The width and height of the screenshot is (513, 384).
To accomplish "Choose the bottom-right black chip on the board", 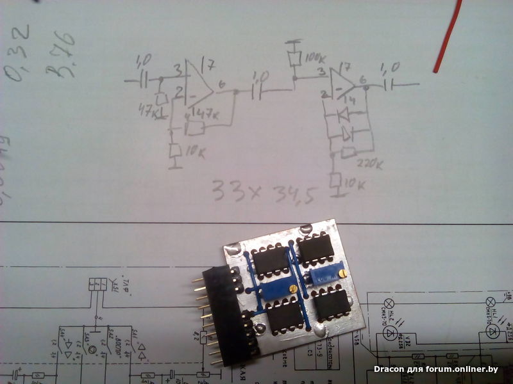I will tap(332, 302).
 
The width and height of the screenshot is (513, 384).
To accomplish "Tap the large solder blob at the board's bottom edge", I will tap(321, 331).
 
